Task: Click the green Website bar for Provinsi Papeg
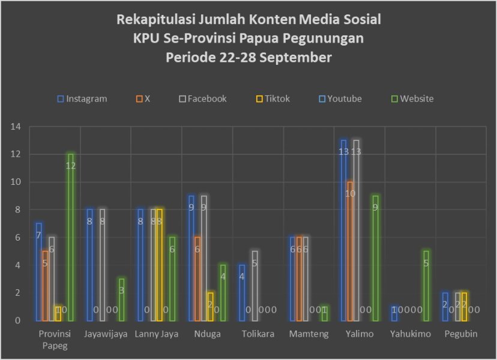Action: [70, 240]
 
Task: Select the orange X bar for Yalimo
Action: [351, 252]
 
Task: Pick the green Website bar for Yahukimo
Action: [426, 286]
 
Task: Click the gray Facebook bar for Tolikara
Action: [255, 286]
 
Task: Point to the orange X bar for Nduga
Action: [198, 279]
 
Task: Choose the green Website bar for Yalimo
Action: [376, 258]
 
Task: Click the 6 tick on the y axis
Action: [18, 238]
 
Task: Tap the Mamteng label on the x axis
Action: [309, 334]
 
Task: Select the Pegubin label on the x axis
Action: [460, 334]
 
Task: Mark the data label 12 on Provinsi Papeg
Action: [70, 166]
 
